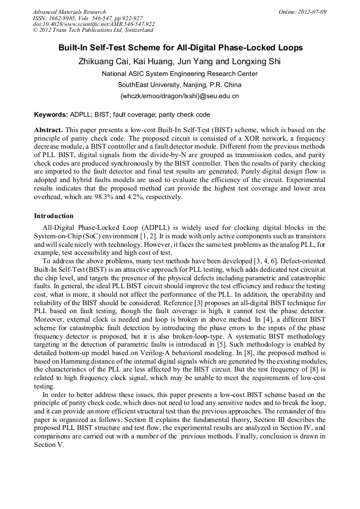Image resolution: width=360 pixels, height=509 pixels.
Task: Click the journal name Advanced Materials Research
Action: pos(69,12)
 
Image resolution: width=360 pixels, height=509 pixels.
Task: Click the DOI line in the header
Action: pos(93,24)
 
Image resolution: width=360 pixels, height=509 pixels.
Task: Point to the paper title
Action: pos(180,48)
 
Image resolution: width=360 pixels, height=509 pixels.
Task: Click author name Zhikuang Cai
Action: pos(103,61)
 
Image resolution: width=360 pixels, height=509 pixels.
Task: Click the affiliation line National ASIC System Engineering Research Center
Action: pos(180,74)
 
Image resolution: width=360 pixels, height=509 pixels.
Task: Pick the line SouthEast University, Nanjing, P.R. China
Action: pos(180,85)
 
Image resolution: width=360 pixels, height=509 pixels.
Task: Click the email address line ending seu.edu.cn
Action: pos(180,96)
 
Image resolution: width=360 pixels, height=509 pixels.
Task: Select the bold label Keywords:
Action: pos(51,115)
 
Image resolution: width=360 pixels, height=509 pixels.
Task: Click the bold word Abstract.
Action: pos(48,130)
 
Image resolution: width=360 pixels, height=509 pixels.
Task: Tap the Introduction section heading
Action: pos(54,216)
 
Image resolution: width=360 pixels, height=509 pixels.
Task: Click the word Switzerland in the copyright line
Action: pos(135,31)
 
